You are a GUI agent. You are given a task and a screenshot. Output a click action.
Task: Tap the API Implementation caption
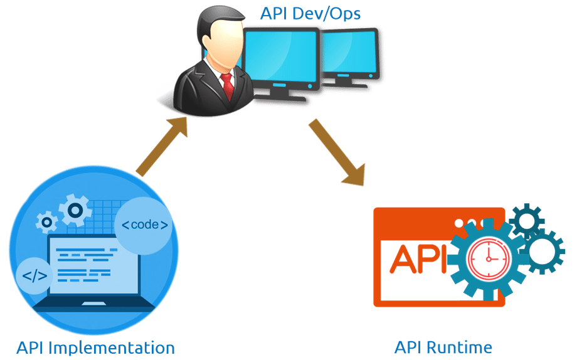click(95, 347)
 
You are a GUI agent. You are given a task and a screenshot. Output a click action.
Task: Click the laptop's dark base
click(94, 307)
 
